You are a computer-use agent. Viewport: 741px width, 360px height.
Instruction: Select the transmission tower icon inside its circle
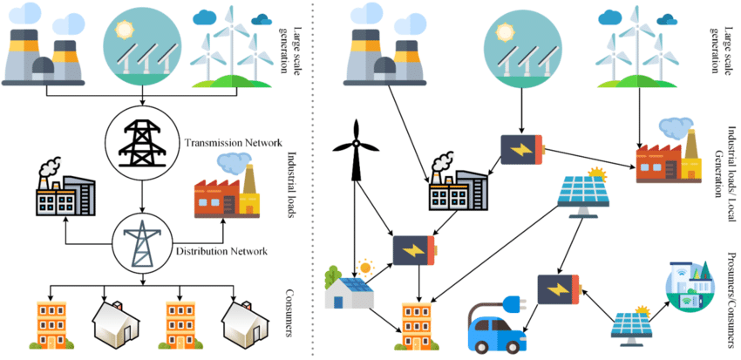141,139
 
